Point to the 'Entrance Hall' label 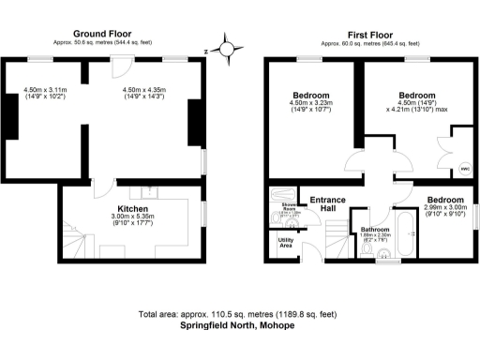tap(327, 203)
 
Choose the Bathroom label tap(376, 228)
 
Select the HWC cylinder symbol tap(464, 169)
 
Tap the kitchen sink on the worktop tap(155, 192)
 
